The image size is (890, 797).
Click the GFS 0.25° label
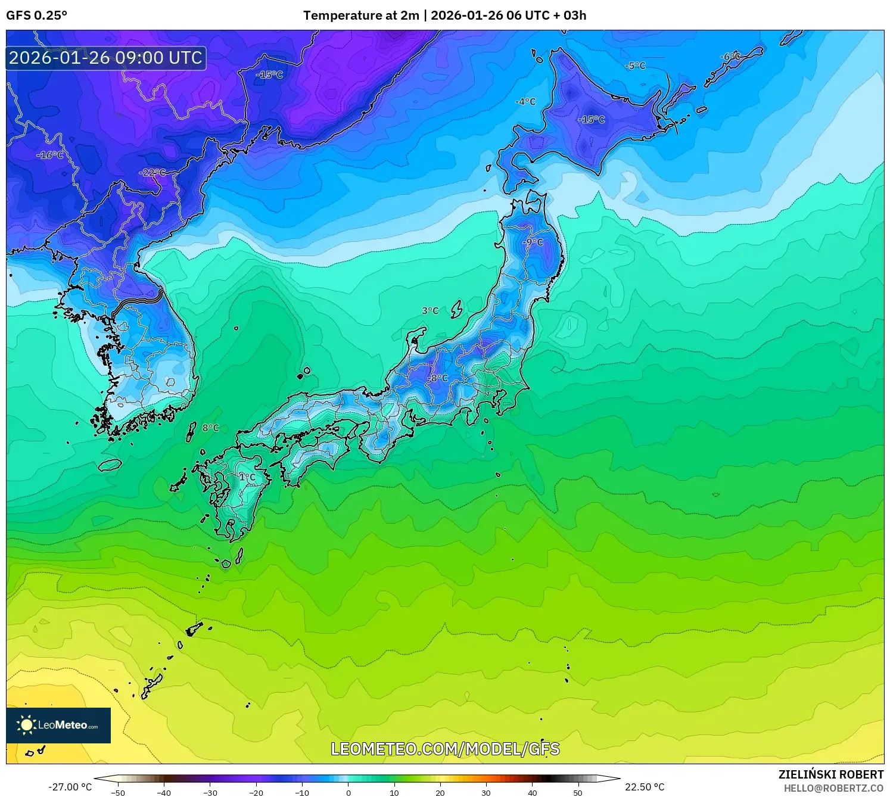tap(36, 15)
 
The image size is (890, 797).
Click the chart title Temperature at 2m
tap(361, 15)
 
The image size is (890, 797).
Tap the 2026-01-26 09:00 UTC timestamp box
tap(106, 58)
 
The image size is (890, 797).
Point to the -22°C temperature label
tap(153, 173)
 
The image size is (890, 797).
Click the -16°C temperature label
tap(50, 155)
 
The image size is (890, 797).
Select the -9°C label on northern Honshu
tap(533, 242)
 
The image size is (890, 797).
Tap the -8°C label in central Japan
tap(437, 378)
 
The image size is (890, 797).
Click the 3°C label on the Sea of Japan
tap(430, 311)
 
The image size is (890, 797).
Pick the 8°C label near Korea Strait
tap(210, 428)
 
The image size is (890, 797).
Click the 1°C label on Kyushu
tap(247, 477)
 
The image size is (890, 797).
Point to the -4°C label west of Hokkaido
tap(525, 102)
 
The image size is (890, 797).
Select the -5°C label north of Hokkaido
tap(635, 66)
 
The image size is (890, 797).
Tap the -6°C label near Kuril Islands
tap(730, 57)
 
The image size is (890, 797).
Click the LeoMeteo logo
tap(58, 725)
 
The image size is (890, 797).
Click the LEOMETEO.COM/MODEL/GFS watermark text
tap(445, 749)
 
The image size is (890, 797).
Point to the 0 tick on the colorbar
tap(348, 792)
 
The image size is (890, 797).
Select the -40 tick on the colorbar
tap(164, 792)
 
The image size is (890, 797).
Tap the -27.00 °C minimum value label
tap(70, 787)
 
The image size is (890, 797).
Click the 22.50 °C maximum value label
tap(645, 787)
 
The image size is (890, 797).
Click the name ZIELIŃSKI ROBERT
tap(831, 774)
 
